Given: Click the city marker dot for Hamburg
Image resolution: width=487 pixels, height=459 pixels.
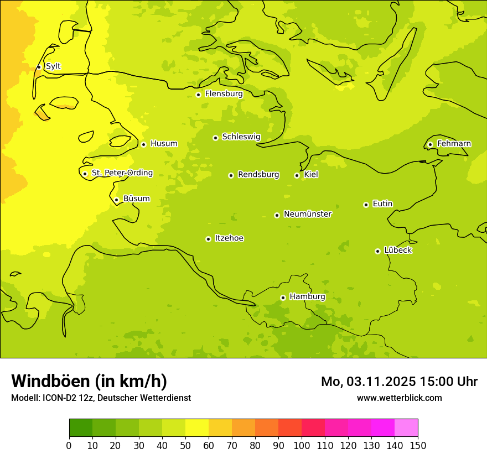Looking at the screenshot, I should click(283, 298).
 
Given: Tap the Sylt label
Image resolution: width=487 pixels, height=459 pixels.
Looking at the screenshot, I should click(53, 66).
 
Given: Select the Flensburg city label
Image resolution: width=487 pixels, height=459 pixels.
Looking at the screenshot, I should click(224, 94).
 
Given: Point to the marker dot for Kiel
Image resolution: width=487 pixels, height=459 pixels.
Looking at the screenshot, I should click(297, 175).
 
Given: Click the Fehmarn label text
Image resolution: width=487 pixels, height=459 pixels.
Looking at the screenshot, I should click(454, 144).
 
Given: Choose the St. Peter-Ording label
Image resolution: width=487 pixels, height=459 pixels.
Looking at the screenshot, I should click(122, 173).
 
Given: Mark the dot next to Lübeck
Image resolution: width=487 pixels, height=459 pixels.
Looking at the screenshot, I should click(377, 251).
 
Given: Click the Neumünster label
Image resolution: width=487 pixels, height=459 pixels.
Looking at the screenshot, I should click(307, 214).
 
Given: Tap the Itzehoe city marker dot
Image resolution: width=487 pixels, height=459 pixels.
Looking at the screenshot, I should click(208, 239).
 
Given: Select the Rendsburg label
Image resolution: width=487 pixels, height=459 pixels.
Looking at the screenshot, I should click(258, 175).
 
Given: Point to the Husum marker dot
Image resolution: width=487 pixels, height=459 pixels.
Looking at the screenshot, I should click(143, 144).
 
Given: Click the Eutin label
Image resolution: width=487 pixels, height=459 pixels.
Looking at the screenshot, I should click(382, 204).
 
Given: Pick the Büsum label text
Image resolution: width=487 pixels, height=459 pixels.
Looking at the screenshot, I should click(136, 199).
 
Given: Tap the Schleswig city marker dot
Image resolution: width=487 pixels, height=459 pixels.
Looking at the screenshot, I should click(215, 138).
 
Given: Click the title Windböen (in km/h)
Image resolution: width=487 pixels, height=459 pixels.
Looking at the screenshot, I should click(89, 381).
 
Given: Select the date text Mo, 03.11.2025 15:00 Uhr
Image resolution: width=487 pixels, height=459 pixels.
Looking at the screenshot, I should click(399, 382).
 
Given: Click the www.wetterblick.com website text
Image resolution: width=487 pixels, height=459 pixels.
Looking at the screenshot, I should click(399, 398).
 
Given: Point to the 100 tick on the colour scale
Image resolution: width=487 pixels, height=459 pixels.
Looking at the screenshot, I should click(302, 445).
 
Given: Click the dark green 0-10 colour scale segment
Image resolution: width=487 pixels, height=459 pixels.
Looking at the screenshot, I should click(81, 428).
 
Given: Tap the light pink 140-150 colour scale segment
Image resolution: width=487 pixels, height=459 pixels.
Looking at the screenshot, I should click(406, 428).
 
